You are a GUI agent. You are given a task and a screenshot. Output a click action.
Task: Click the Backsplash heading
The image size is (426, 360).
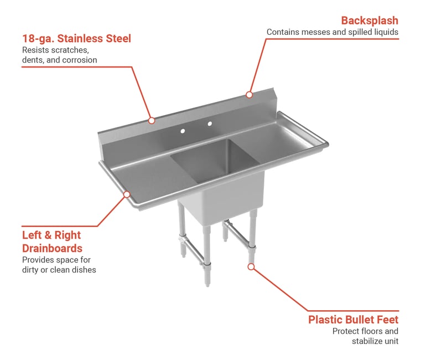coord(370,20)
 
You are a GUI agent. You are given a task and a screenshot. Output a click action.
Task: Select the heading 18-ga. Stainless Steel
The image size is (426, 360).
coord(76,39)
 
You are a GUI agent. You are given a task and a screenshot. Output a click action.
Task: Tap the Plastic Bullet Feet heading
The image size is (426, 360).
coord(353,320)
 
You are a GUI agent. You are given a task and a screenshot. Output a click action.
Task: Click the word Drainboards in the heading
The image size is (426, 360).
coord(52,248)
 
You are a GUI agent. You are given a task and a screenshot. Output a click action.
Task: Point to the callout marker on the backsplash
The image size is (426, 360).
coord(249,95)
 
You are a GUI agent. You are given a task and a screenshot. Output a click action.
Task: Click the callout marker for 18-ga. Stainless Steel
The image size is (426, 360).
coord(152,120)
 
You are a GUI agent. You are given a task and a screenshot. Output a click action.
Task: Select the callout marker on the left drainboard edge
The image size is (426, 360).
coord(127,194)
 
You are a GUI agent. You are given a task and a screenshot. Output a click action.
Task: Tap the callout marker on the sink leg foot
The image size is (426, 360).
coord(251,267)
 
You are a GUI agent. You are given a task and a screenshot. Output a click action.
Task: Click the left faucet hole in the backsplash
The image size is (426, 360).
coord(183,131)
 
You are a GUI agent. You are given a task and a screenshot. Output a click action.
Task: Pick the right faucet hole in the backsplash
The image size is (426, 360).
coord(210,124)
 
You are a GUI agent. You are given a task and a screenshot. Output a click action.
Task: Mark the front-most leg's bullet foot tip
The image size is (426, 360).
coord(207,285)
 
